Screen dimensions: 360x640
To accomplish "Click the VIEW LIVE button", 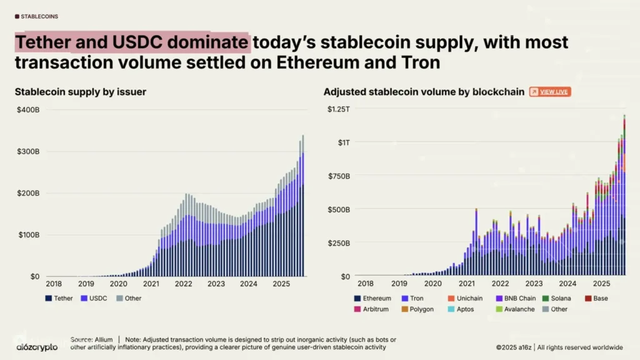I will click(550, 92).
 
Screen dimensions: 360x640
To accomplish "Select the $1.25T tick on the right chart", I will click(338, 109).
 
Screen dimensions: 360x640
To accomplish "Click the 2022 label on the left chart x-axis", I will click(183, 284).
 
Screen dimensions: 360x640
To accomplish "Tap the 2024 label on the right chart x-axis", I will click(567, 284).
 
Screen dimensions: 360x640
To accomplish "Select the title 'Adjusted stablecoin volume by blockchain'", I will click(424, 92).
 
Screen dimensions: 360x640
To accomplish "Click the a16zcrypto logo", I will click(36, 347).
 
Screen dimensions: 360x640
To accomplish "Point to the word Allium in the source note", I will click(102, 339).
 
